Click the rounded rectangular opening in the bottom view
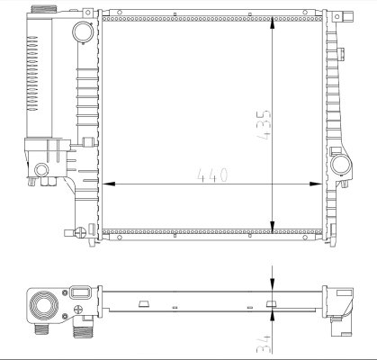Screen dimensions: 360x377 (x=78, y=292)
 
